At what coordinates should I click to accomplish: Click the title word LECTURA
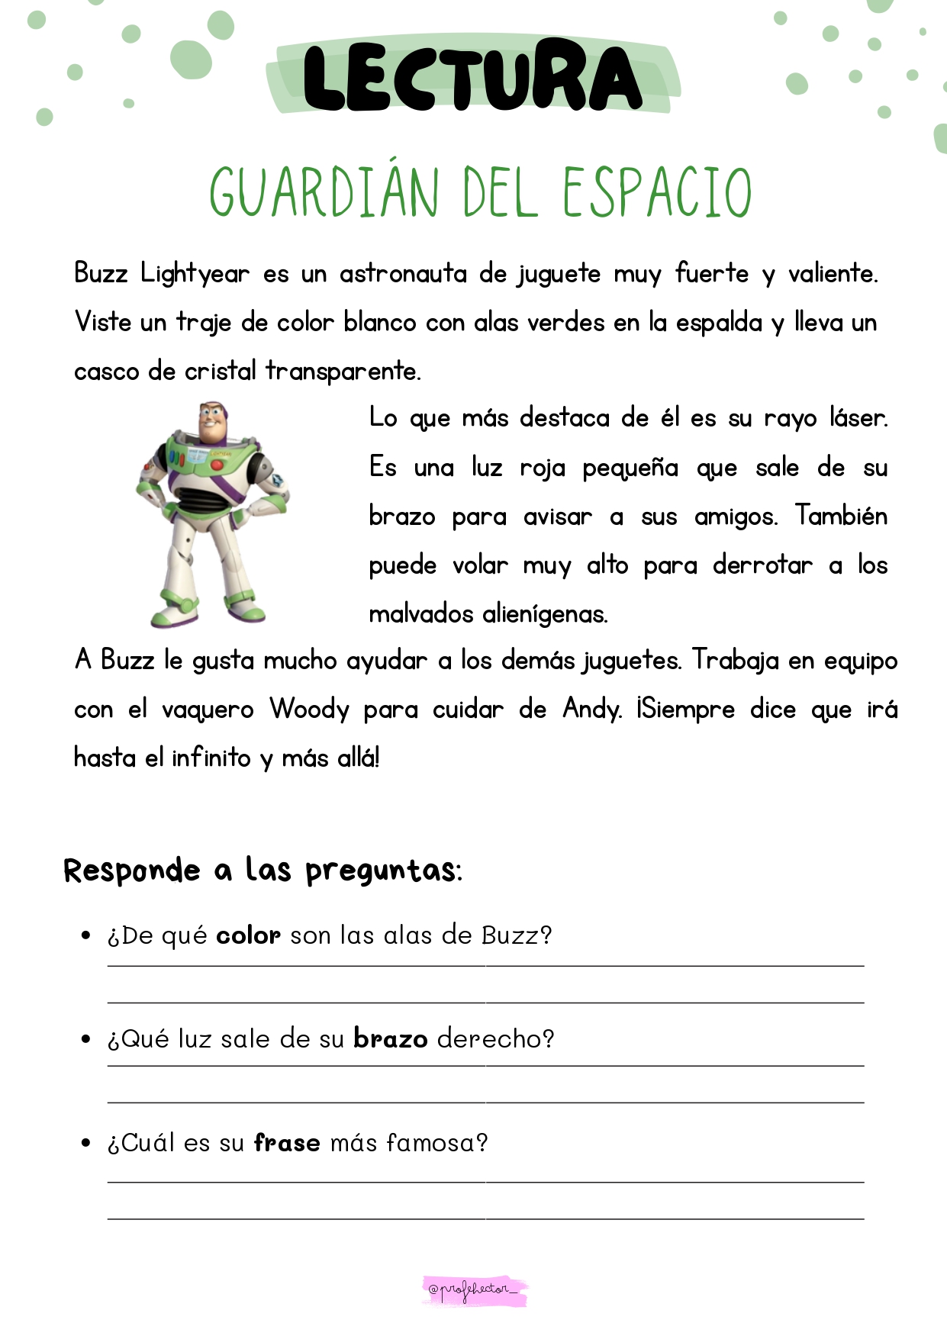[x=472, y=77]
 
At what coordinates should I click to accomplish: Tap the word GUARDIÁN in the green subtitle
[x=324, y=192]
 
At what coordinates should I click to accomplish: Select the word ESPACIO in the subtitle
[x=657, y=192]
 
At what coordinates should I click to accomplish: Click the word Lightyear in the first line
[x=195, y=274]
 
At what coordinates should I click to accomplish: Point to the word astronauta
[x=403, y=274]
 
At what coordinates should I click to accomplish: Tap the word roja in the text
[x=542, y=468]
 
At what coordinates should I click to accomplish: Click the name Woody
[x=309, y=710]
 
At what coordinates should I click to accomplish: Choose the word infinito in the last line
[x=211, y=758]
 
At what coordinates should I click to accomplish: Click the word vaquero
[x=208, y=710]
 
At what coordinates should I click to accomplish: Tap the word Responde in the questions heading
[x=131, y=871]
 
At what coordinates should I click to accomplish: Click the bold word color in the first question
[x=248, y=935]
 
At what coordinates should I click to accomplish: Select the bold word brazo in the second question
[x=390, y=1039]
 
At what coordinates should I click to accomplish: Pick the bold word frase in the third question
[x=287, y=1143]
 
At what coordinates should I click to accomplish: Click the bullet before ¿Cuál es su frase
[x=85, y=1143]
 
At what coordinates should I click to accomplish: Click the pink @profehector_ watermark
[x=475, y=1289]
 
